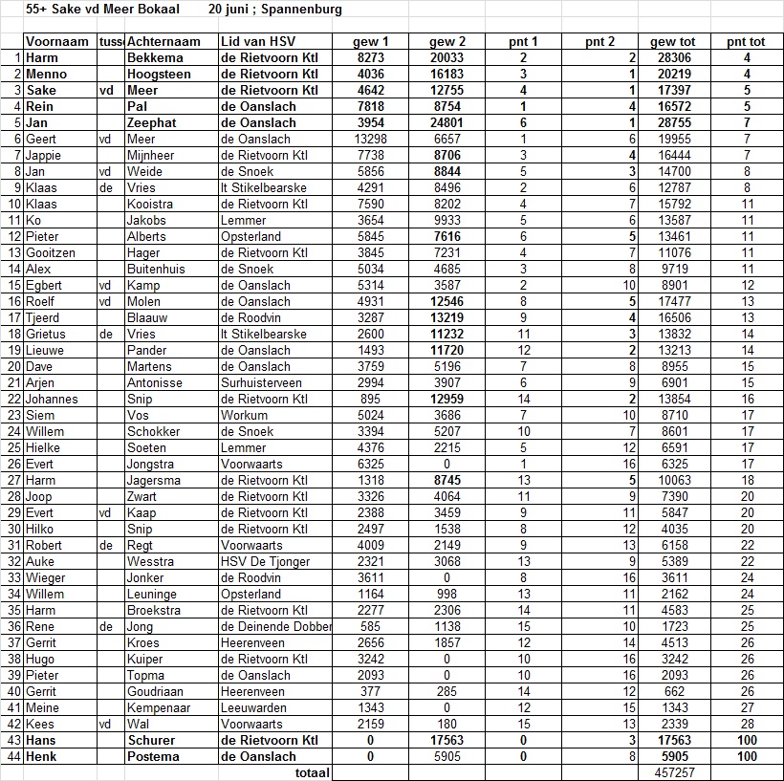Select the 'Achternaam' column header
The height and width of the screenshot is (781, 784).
163,42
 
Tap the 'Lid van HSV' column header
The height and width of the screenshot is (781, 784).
256,42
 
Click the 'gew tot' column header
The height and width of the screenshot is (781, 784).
673,42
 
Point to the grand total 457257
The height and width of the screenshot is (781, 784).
674,772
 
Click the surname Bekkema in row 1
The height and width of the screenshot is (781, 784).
154,58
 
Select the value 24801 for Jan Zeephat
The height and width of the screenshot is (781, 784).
447,123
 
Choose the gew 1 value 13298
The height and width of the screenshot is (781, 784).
370,140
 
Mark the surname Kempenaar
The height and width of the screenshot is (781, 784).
159,707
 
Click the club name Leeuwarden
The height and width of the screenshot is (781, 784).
254,707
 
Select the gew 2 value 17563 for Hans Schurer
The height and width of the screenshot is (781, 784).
447,740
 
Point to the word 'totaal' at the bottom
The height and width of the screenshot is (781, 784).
312,772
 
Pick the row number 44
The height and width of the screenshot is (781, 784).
13,756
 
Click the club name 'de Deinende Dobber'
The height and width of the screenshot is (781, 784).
275,626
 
